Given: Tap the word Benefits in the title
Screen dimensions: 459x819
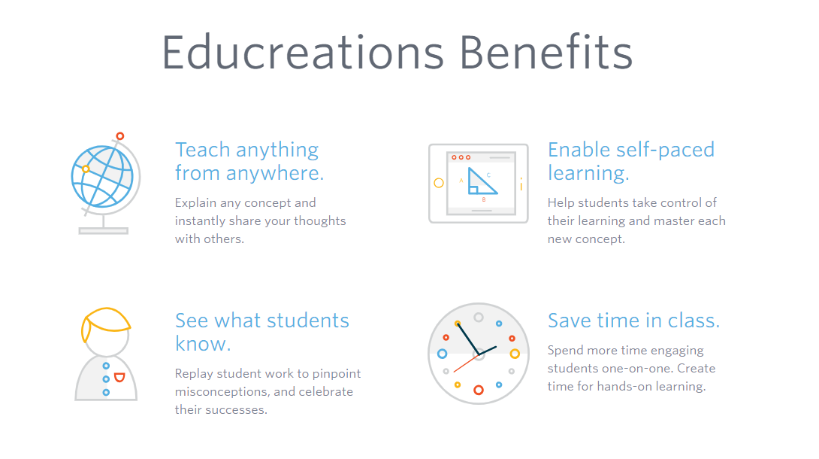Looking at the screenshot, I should (546, 53).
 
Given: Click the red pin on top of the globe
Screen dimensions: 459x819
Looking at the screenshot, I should (119, 136).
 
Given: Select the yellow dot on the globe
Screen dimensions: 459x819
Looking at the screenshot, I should (86, 169).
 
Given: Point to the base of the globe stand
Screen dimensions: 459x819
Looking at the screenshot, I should (104, 231).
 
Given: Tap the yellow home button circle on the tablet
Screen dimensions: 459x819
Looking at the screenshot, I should (439, 183).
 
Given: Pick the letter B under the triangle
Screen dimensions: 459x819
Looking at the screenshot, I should (484, 200).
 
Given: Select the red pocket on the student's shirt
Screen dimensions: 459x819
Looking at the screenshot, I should (119, 377).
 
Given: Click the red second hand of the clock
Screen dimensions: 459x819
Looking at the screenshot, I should (465, 365).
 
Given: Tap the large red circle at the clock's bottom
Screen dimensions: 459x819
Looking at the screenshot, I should (478, 390).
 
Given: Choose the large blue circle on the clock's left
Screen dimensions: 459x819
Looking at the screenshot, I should (442, 354).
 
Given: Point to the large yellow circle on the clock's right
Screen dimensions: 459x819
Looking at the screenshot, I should (515, 354).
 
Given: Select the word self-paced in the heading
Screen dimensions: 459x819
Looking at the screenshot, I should (668, 150).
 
